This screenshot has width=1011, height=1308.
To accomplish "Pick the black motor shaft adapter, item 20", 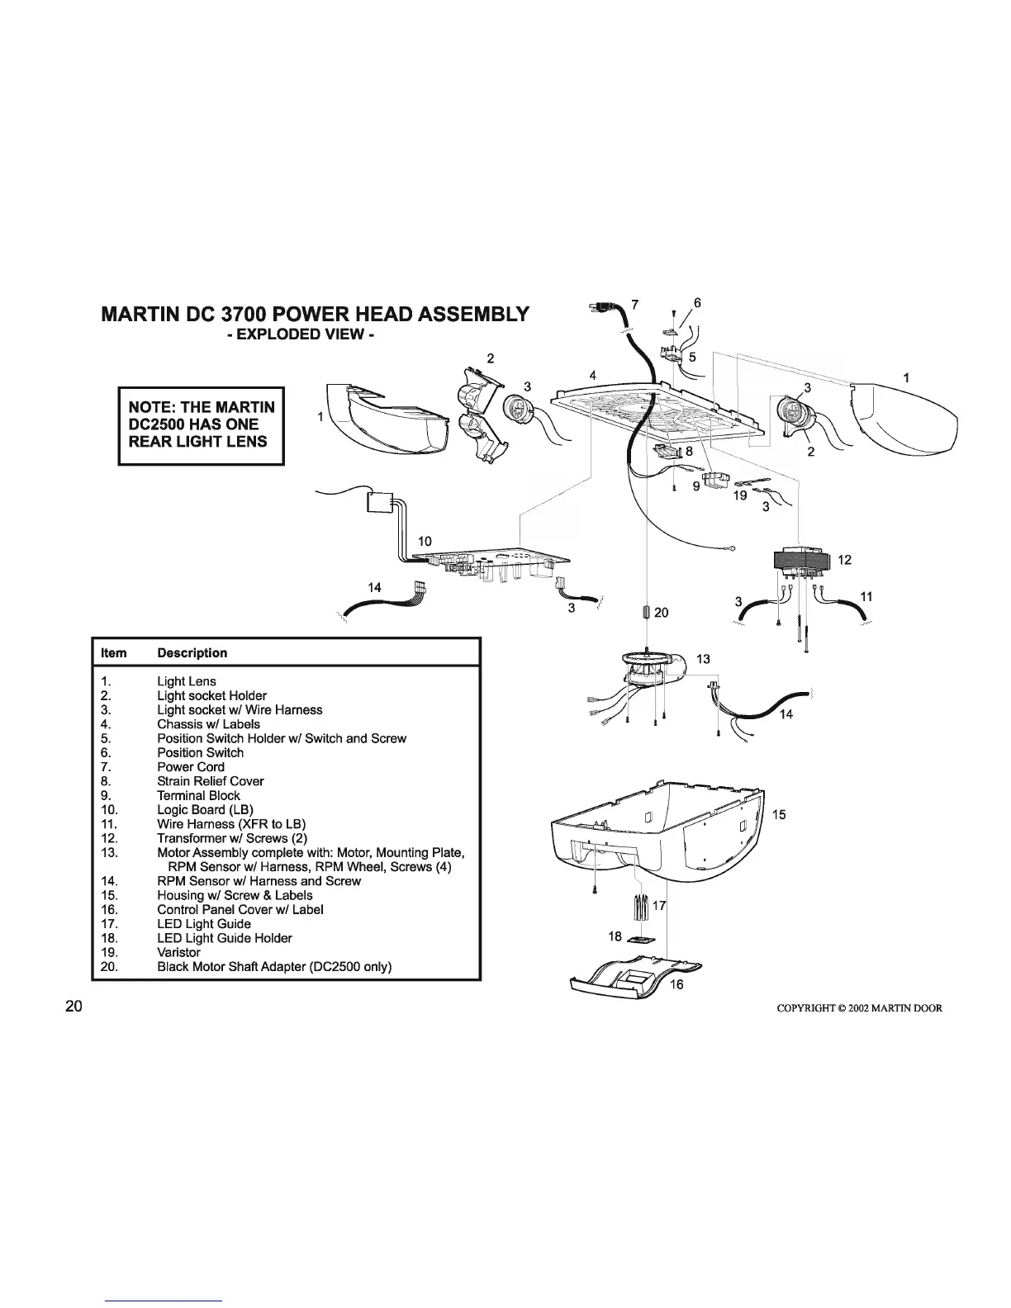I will click(x=647, y=612).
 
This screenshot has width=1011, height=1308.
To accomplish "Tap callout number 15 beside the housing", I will click(x=780, y=814).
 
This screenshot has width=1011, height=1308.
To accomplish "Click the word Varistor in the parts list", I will click(x=178, y=952).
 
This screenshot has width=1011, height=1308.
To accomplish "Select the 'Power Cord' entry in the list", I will click(x=191, y=767).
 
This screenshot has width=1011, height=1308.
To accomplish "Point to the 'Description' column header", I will click(x=192, y=653).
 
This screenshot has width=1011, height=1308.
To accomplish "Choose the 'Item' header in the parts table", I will click(x=113, y=653).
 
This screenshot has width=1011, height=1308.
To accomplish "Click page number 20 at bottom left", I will click(x=74, y=1007).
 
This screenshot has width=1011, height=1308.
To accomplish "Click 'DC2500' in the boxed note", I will click(x=164, y=424).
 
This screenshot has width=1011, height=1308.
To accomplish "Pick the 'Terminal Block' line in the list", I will click(x=198, y=795).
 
